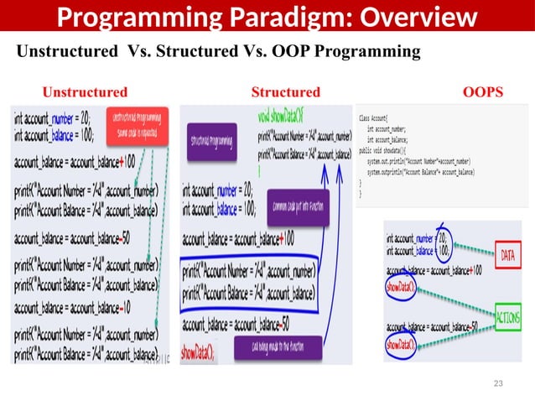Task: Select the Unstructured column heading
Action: click(86, 91)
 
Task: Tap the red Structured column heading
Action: click(285, 91)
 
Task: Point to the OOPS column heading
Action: click(483, 91)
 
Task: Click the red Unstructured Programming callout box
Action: click(138, 126)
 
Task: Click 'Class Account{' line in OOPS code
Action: click(377, 119)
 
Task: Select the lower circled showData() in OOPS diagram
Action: click(400, 345)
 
